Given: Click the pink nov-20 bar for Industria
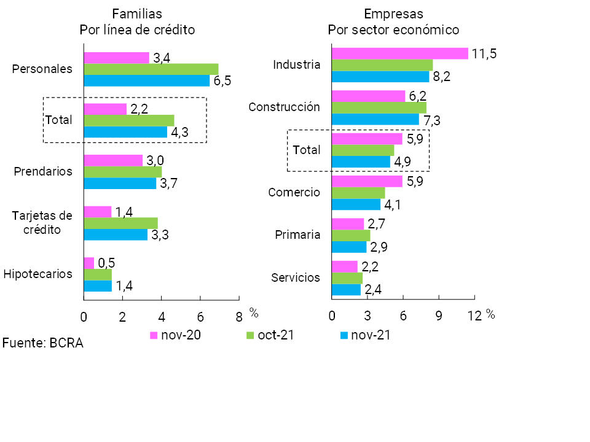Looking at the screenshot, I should tap(399, 53).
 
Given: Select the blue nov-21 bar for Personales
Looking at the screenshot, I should tap(146, 80).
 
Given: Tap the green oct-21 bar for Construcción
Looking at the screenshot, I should tap(379, 107).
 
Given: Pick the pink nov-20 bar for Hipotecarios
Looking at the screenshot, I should tap(89, 263).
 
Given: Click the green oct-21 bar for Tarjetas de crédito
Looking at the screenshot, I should tap(120, 223).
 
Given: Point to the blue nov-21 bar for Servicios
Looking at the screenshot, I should tap(346, 289).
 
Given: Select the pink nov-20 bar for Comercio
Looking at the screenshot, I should tap(367, 182).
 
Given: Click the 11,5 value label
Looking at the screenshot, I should tap(484, 53).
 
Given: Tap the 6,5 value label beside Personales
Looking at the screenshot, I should tap(222, 82).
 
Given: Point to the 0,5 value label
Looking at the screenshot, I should tap(107, 263).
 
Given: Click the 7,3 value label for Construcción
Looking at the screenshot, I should tap(433, 120).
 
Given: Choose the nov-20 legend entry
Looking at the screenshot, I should tap(176, 335).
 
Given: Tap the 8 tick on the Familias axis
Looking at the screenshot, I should tap(239, 317).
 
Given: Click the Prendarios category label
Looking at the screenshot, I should tap(43, 171).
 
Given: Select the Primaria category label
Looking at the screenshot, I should tap(297, 235).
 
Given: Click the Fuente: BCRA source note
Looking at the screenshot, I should tap(43, 343).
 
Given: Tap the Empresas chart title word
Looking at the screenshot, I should tap(393, 14).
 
